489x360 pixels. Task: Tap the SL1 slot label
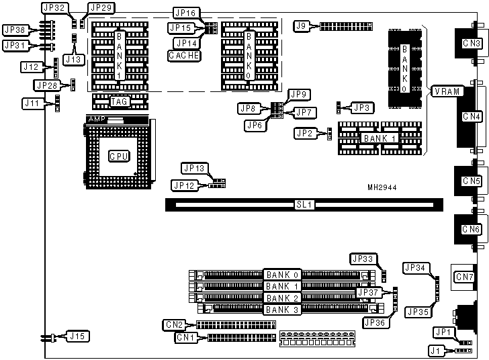point(304,202)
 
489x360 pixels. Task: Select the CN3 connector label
point(472,44)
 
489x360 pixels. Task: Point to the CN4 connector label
point(472,116)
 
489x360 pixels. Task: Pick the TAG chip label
point(120,101)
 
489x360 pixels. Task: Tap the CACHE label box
point(185,55)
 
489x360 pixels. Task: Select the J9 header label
point(302,26)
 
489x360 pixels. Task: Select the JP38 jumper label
point(15,30)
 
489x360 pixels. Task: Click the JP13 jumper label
point(194,168)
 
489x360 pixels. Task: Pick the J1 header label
point(437,349)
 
